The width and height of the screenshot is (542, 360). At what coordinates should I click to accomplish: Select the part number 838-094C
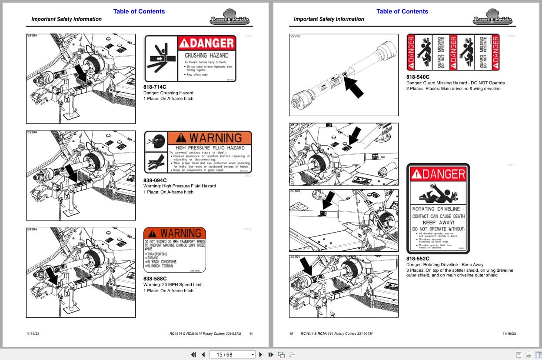click(x=155, y=180)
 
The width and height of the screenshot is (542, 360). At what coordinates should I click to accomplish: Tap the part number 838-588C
click(x=155, y=279)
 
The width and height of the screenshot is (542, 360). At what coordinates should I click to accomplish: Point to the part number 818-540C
click(x=418, y=77)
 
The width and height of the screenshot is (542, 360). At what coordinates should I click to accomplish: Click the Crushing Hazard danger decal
click(x=190, y=59)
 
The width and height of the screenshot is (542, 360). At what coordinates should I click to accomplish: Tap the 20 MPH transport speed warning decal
click(x=175, y=250)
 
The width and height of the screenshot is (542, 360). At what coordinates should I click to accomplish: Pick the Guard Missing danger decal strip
click(x=453, y=52)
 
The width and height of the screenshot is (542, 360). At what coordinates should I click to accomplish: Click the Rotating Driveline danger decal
click(x=438, y=208)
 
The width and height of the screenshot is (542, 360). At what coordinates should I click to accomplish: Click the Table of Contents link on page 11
click(x=139, y=11)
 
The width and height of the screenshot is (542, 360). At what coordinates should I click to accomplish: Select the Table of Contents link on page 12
click(x=402, y=11)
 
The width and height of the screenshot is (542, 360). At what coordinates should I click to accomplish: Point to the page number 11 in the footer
click(x=251, y=334)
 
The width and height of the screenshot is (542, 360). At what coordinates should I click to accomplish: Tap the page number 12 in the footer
click(x=291, y=334)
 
